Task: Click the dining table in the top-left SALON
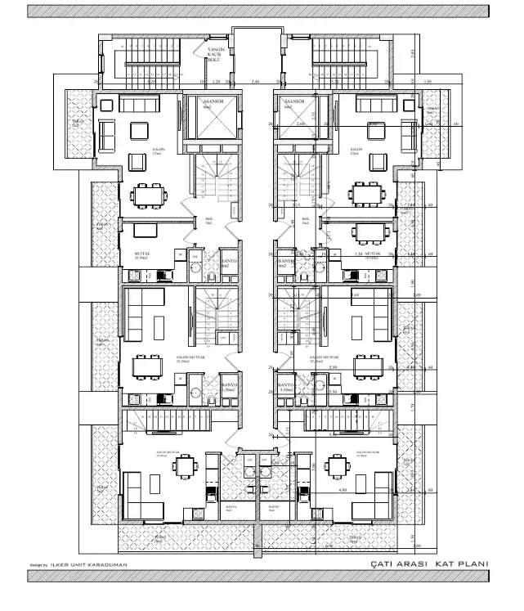click(148, 195)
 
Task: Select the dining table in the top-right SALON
click(364, 195)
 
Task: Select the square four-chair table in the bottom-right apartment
click(335, 467)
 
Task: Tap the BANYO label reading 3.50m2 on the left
click(229, 388)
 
